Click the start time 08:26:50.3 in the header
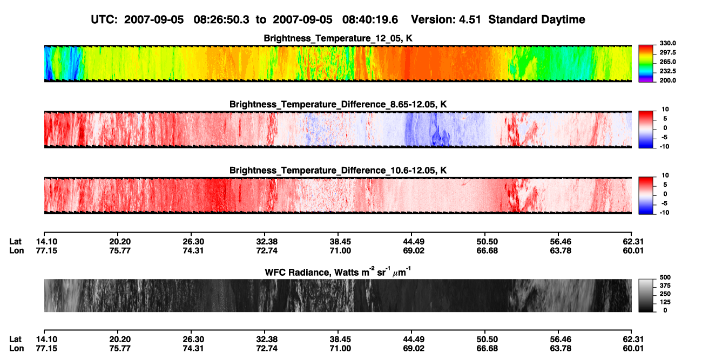pyautogui.click(x=221, y=20)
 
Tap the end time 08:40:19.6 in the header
pyautogui.click(x=370, y=20)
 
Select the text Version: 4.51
pyautogui.click(x=446, y=20)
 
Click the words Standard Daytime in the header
pyautogui.click(x=537, y=20)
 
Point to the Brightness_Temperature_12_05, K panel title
pyautogui.click(x=338, y=38)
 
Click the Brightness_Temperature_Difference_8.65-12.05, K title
pyautogui.click(x=338, y=104)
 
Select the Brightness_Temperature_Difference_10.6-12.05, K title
pyautogui.click(x=338, y=171)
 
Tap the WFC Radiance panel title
pyautogui.click(x=338, y=272)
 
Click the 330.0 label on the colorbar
pyautogui.click(x=667, y=43)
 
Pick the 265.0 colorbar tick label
pyautogui.click(x=667, y=62)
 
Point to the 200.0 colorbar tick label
pyautogui.click(x=667, y=80)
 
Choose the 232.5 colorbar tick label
pyautogui.click(x=667, y=71)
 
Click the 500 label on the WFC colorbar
pyautogui.click(x=665, y=277)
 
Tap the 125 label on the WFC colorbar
pyautogui.click(x=665, y=302)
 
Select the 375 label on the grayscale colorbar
pyautogui.click(x=665, y=286)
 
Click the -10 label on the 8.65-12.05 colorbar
pyautogui.click(x=664, y=147)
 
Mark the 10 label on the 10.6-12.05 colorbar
pyautogui.click(x=665, y=175)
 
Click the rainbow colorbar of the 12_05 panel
pyautogui.click(x=646, y=64)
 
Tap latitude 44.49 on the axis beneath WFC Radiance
pyautogui.click(x=414, y=339)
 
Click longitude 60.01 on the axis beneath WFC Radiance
pyautogui.click(x=633, y=349)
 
